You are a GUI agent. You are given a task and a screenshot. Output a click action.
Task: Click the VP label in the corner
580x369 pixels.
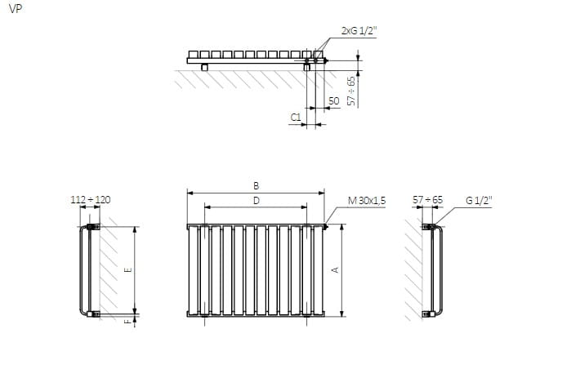pos(16,9)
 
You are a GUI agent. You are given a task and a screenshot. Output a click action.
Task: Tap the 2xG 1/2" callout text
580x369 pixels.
pos(359,31)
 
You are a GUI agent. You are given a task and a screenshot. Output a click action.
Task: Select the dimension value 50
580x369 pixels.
pos(333,101)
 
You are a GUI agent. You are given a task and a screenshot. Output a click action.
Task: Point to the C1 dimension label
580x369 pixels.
pos(296,118)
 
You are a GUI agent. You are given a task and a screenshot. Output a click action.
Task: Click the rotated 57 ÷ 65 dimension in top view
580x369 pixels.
pos(351,91)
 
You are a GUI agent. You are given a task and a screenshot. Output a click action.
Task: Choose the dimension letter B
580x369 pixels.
pos(256,185)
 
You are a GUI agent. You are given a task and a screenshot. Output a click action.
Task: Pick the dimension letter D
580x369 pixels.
pos(256,201)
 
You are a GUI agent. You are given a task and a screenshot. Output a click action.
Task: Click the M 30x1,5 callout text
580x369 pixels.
pos(367,201)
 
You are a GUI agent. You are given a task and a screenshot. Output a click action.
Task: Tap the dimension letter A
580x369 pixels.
pos(336,270)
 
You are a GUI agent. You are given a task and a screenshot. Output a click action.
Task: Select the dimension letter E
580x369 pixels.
pos(128,270)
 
